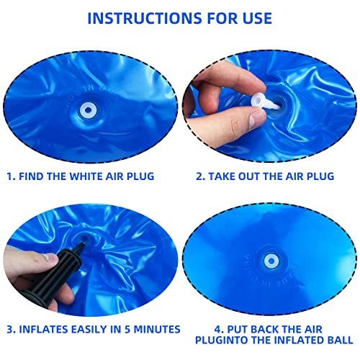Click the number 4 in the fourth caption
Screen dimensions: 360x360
(207, 325)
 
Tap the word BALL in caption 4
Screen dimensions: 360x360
(338, 339)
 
